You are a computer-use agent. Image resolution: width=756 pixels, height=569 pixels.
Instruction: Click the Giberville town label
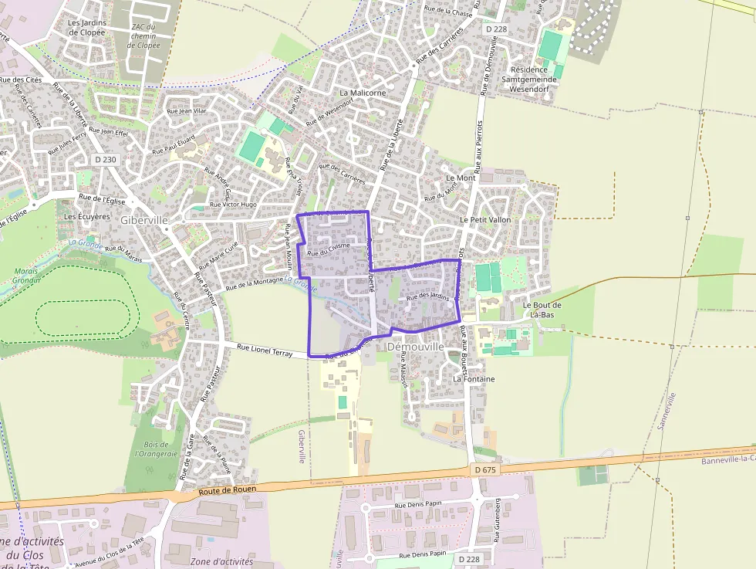point(144,220)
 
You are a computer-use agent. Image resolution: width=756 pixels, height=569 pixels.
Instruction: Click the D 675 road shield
point(484,469)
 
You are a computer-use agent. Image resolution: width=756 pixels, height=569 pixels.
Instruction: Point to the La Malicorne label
point(363,93)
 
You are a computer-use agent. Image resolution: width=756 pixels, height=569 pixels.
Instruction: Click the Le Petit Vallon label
point(485,220)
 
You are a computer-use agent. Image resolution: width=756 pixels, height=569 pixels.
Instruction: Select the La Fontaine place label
point(474,379)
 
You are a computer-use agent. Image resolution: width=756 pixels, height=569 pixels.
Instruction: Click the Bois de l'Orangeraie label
point(156,449)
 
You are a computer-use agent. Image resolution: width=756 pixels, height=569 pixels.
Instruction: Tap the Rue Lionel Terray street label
point(265,351)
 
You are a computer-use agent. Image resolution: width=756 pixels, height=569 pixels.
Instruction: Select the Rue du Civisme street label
point(328,249)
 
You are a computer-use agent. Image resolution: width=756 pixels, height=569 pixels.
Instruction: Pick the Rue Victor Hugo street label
point(234,205)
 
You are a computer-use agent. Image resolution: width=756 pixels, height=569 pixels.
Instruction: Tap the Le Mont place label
point(461,178)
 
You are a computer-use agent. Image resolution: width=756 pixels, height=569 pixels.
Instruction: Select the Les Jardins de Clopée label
point(86,28)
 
